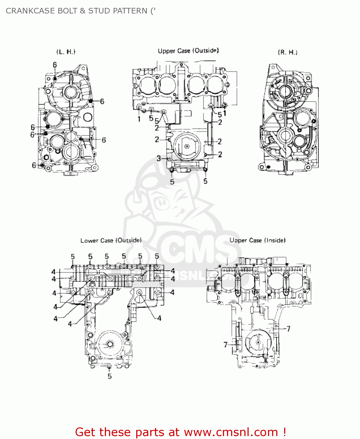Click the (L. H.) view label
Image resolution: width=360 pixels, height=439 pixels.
(66, 52)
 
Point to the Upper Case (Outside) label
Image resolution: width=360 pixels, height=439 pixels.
(188, 51)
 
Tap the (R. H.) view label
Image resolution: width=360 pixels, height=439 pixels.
(288, 52)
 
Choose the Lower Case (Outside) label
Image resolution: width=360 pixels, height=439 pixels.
(111, 240)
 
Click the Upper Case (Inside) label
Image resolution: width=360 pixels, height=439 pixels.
(257, 240)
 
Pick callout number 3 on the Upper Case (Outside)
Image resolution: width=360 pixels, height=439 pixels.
(159, 158)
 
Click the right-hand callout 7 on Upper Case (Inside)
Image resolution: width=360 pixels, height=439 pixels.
(289, 329)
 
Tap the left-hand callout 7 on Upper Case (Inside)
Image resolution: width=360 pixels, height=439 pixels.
(226, 345)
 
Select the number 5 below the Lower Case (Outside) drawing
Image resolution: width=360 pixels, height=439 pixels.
(110, 376)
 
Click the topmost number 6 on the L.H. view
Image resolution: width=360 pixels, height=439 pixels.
(55, 65)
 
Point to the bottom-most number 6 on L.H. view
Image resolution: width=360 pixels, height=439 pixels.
(34, 165)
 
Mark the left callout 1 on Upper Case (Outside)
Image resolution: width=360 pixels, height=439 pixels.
(139, 119)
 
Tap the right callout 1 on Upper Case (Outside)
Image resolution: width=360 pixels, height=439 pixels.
(225, 113)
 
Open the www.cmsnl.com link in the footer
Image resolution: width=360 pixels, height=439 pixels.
(231, 432)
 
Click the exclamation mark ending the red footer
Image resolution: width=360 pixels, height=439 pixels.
(284, 432)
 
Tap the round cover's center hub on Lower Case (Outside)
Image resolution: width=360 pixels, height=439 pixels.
(110, 344)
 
